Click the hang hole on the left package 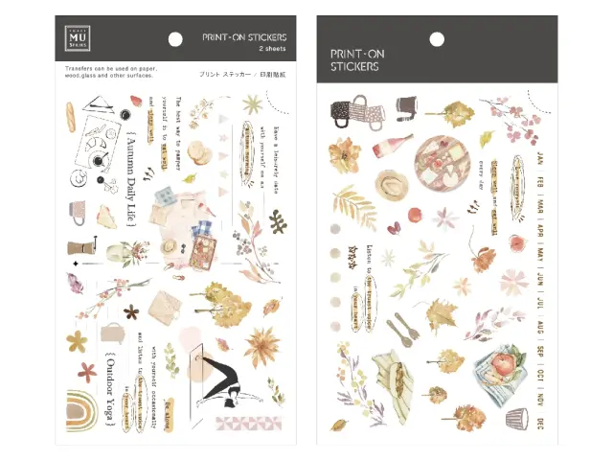click(175, 39)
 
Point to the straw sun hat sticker click(391, 182)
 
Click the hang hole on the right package click(436, 39)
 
